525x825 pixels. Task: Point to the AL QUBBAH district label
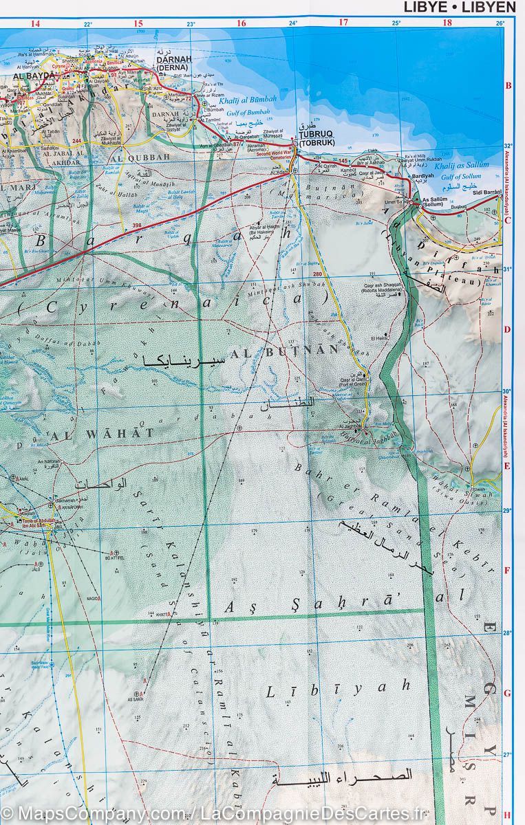point(144,157)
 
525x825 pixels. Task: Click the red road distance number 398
point(136,225)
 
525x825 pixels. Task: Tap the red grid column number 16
point(241,23)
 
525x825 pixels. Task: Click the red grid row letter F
point(507,571)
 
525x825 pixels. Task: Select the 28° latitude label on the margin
point(508,632)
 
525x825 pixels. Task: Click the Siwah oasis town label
point(480,489)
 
